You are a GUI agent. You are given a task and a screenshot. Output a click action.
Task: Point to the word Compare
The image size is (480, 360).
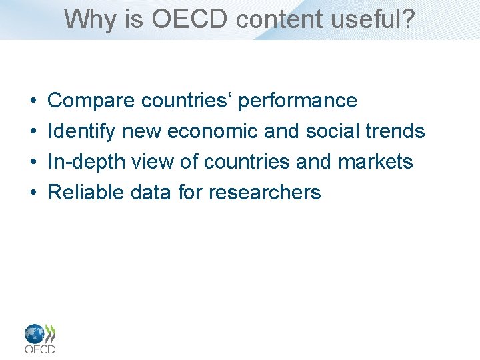point(92,101)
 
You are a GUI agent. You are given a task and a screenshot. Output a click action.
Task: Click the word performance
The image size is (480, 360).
point(297,101)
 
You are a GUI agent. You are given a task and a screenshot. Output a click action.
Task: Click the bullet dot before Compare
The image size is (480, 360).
point(33,101)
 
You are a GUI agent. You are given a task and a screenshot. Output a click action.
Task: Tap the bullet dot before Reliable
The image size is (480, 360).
point(33,193)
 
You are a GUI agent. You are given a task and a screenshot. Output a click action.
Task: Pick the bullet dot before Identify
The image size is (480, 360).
point(33,132)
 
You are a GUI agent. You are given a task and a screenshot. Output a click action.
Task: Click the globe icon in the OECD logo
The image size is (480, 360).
point(35,333)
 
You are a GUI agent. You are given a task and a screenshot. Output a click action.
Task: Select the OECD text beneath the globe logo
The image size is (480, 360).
point(40,349)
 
